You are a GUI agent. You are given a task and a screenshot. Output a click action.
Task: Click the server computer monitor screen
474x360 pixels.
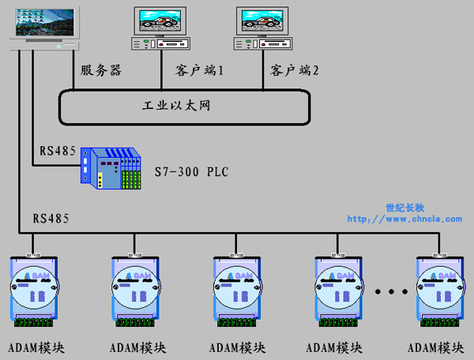(45, 22)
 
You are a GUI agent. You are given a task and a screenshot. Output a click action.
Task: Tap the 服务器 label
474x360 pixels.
(101, 70)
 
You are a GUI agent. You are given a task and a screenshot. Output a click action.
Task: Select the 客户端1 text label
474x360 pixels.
(199, 70)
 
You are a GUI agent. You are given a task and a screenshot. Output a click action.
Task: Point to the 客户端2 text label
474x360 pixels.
(295, 70)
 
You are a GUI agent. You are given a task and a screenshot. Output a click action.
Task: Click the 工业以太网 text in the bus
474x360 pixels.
(176, 106)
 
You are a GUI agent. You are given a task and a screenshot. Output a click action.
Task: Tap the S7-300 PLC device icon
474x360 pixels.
(111, 168)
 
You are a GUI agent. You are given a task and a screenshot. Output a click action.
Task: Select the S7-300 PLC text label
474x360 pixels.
(192, 171)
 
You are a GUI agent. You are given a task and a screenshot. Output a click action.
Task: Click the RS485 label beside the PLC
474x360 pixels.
(58, 151)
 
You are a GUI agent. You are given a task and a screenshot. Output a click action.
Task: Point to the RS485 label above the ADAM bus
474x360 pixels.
(51, 219)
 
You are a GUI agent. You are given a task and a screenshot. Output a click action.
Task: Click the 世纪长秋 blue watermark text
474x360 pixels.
(405, 208)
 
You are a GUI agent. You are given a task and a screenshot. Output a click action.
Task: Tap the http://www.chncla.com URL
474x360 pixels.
(404, 219)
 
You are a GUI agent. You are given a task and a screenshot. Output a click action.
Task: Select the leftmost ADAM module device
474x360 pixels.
(34, 291)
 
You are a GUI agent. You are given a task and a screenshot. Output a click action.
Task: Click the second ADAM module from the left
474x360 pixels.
(135, 291)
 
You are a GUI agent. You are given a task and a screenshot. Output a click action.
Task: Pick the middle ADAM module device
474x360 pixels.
(237, 291)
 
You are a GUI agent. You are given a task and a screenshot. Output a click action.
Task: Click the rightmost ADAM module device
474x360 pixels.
(440, 291)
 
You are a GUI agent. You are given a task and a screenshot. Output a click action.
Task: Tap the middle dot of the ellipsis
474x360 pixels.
(392, 291)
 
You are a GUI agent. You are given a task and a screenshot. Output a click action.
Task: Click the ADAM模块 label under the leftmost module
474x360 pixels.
(36, 348)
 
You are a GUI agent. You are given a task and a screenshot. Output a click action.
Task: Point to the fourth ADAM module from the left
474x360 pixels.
(339, 291)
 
